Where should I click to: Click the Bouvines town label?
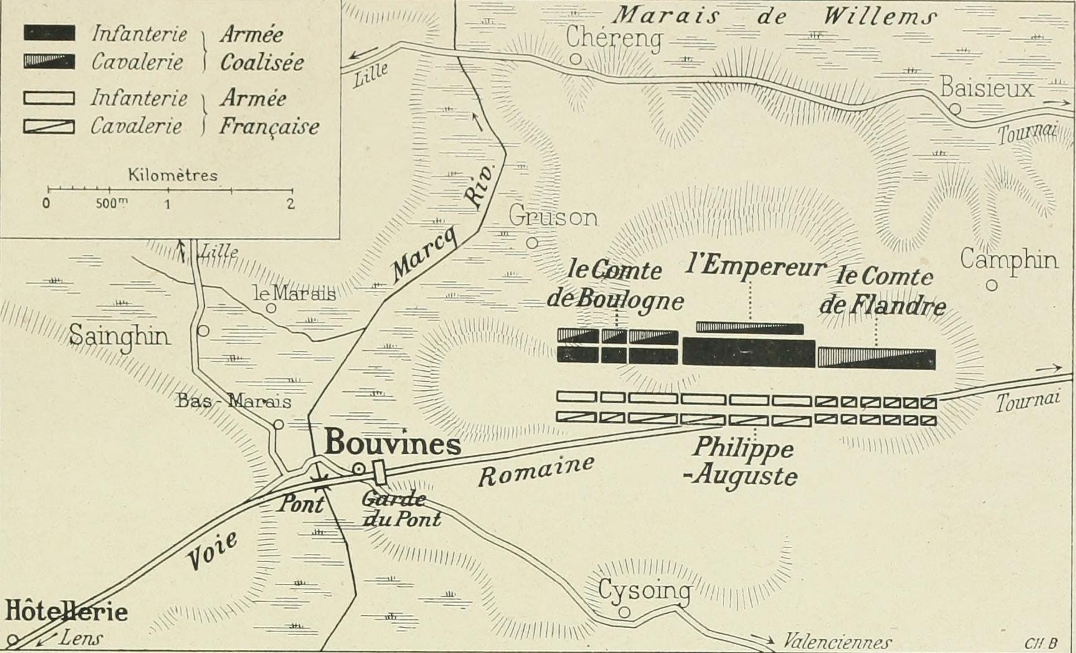[x=393, y=444]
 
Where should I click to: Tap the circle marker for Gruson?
[x=532, y=243]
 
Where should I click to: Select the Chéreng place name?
[x=613, y=38]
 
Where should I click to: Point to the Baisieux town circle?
[x=955, y=110]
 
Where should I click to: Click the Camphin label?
[x=1008, y=260]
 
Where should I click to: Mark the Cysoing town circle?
[x=624, y=612]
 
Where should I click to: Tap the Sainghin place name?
[x=119, y=336]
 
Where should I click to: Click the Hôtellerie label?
[x=67, y=611]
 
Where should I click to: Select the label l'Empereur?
[x=755, y=267]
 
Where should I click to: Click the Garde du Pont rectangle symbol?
[x=379, y=472]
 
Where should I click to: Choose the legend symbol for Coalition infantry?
[x=49, y=34]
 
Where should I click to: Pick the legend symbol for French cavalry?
[x=49, y=126]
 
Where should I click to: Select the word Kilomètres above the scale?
[x=172, y=175]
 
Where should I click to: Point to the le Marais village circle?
[x=271, y=308]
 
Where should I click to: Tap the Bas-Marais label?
[x=234, y=401]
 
